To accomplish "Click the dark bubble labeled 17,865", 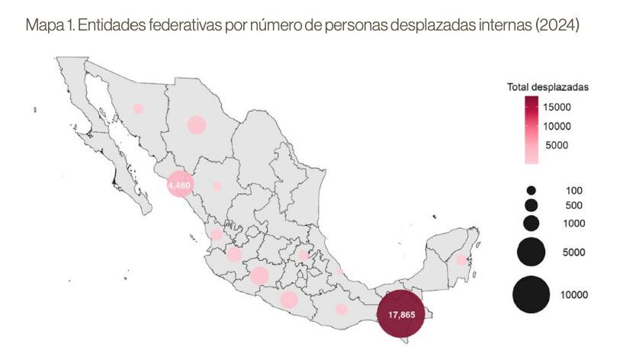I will click(401, 313).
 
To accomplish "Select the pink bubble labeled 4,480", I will click(180, 185).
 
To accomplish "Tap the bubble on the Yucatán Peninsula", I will click(461, 260).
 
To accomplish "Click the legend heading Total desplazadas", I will click(547, 87).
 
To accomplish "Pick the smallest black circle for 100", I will click(531, 190).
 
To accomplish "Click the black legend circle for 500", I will click(531, 205).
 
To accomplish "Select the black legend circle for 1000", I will click(531, 223).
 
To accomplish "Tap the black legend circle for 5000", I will click(531, 252).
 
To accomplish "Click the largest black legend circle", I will click(531, 294).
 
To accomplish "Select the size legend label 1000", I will click(573, 223).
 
